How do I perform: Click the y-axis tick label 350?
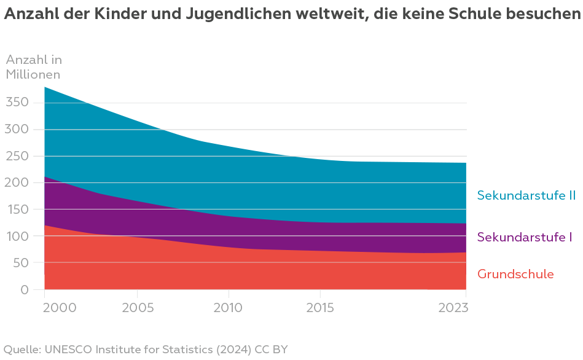17,102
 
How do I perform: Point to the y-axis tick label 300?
17,129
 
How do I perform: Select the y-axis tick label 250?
17,156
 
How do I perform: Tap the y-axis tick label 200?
17,182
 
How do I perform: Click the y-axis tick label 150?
17,209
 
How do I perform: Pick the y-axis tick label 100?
17,236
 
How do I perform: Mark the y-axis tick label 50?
20,263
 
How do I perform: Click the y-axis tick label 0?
24,289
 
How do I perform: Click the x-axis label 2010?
229,307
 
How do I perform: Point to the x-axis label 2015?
319,307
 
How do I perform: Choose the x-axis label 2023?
453,307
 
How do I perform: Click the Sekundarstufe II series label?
526,195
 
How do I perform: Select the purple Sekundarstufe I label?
525,237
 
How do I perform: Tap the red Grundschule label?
515,274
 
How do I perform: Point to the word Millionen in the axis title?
33,74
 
